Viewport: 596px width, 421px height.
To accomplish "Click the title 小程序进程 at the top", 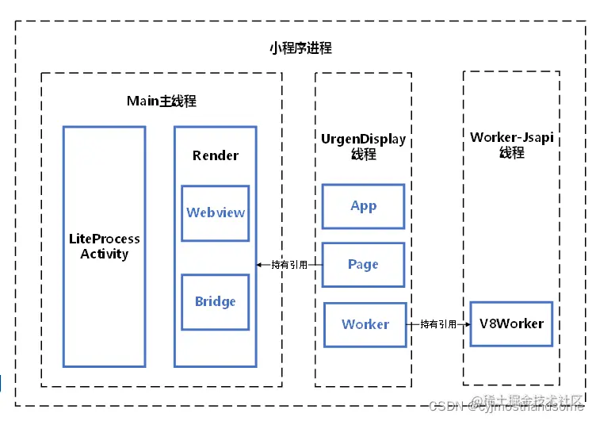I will pyautogui.click(x=300, y=48).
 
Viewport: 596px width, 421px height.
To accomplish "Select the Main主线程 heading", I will pyautogui.click(x=162, y=101).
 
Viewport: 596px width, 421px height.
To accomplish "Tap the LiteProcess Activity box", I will pyautogui.click(x=104, y=247).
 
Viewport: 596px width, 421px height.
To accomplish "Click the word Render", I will pyautogui.click(x=215, y=155).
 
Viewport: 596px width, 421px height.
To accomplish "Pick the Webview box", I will pyautogui.click(x=215, y=212).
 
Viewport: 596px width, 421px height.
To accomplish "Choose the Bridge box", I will pyautogui.click(x=215, y=301).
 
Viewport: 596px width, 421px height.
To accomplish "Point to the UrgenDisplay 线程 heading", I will pyautogui.click(x=363, y=147).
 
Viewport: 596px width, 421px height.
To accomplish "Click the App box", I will pyautogui.click(x=363, y=206).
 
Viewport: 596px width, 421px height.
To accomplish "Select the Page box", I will pyautogui.click(x=363, y=264).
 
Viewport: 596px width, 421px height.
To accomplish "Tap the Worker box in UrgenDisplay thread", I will pyautogui.click(x=365, y=324).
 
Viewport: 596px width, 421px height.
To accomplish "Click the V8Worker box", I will pyautogui.click(x=511, y=323).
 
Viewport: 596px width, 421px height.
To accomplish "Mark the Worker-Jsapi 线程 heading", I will pyautogui.click(x=511, y=145).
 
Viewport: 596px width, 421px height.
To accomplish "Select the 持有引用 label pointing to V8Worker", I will pyautogui.click(x=438, y=324).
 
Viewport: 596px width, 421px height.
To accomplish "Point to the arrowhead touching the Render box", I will pyautogui.click(x=260, y=265).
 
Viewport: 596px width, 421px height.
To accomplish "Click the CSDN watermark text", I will pyautogui.click(x=445, y=406).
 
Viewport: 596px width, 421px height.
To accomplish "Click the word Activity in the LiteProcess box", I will pyautogui.click(x=104, y=255).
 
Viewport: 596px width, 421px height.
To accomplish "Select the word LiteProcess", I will pyautogui.click(x=104, y=239).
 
